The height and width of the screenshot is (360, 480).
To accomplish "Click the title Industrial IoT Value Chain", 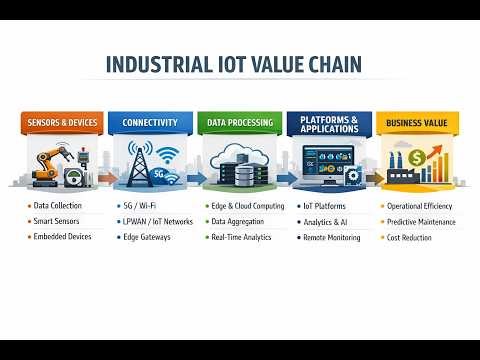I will point(234,67).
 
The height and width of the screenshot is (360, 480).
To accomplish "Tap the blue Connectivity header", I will point(150,123).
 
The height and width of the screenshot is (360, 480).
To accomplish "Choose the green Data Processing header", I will point(240,123).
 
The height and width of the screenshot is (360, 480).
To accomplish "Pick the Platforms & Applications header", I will point(330,123).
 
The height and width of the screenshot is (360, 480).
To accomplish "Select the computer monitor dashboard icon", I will point(325,162).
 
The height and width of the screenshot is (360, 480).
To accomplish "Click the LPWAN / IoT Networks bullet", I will point(157,221).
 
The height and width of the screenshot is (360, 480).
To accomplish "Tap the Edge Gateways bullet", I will point(147,237).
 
